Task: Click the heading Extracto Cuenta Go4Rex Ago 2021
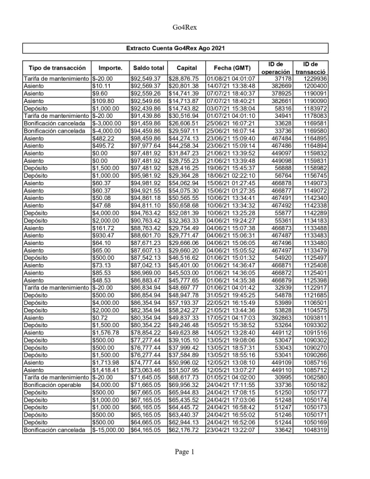185,48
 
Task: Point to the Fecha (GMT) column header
232,67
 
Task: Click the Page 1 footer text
184,469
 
